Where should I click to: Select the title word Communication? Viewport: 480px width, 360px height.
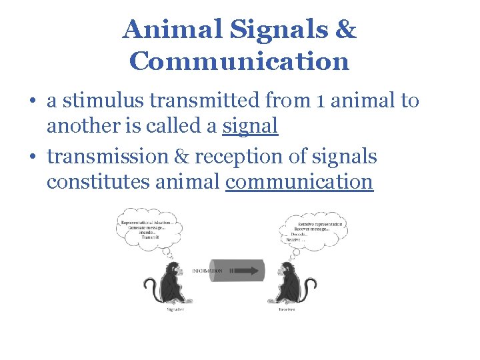[x=239, y=61]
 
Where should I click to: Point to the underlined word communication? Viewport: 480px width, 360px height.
[x=299, y=181]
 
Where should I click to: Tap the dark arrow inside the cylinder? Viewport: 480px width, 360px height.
[x=246, y=271]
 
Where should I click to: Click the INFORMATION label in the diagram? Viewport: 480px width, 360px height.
[x=207, y=271]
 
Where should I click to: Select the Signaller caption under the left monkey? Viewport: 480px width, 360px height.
[x=176, y=309]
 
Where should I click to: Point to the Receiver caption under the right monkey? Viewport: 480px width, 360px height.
[x=288, y=309]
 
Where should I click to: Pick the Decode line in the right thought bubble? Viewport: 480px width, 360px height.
[x=299, y=235]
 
